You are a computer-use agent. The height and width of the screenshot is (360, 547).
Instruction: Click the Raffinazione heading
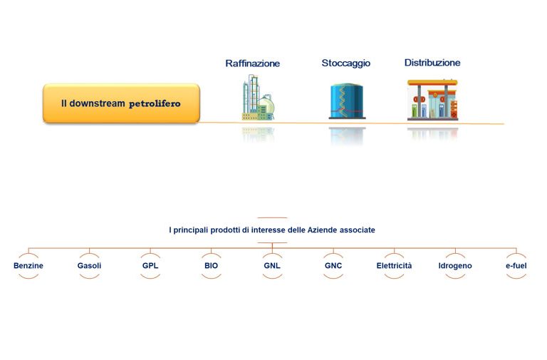pyautogui.click(x=252, y=63)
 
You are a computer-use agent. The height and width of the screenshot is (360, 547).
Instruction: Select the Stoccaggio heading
pyautogui.click(x=345, y=63)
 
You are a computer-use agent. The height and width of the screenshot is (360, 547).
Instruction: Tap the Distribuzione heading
pyautogui.click(x=432, y=63)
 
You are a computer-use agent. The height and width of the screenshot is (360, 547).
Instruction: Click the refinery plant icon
pyautogui.click(x=258, y=98)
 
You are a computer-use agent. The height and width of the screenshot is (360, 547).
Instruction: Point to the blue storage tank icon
pyautogui.click(x=347, y=101)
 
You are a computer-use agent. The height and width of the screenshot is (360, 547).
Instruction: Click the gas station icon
pyautogui.click(x=432, y=100)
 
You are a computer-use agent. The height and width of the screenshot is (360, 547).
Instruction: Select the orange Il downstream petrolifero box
pyautogui.click(x=121, y=103)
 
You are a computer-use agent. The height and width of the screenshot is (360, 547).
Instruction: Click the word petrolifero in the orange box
pyautogui.click(x=155, y=103)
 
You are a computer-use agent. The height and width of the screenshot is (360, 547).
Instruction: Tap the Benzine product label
pyautogui.click(x=28, y=265)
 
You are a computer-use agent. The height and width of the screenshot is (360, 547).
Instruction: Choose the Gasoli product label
pyautogui.click(x=89, y=265)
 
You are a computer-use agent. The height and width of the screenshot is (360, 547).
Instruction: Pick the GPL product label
pyautogui.click(x=150, y=265)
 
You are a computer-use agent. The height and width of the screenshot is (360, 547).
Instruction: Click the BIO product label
pyautogui.click(x=211, y=265)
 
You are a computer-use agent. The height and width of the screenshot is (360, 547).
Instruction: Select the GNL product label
pyautogui.click(x=272, y=265)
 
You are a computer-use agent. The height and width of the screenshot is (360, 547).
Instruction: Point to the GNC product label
pyautogui.click(x=333, y=265)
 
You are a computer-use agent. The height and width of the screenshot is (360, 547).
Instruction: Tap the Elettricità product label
pyautogui.click(x=394, y=265)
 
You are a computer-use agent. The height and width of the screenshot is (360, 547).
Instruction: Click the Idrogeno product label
pyautogui.click(x=455, y=265)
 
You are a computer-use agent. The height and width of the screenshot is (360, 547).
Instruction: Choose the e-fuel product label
pyautogui.click(x=516, y=265)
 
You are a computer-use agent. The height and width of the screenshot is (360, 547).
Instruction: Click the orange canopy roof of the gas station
pyautogui.click(x=432, y=83)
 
